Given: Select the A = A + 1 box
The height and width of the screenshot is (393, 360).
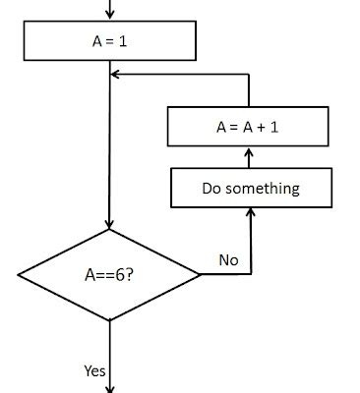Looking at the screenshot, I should point(248,127).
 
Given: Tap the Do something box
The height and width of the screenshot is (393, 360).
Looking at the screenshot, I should point(250,188).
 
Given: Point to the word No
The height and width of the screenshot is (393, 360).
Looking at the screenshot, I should point(228,260).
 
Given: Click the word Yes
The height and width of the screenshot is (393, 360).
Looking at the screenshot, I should point(94,370).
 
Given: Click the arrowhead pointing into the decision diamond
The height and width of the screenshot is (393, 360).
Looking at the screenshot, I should point(109,224).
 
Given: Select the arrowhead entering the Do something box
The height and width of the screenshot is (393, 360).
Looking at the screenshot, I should point(250,213).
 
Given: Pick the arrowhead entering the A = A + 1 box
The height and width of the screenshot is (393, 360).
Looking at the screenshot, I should point(250,152).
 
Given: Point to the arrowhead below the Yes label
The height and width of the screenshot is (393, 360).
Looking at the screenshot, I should point(109,387).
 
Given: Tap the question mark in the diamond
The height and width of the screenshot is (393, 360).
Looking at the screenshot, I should point(129,276).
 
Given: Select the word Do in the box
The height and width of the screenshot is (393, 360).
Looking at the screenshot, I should point(211,188).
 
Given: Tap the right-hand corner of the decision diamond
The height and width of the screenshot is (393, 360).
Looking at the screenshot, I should point(200,275).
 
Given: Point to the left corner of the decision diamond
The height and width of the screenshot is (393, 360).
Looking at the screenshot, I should point(19,275).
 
